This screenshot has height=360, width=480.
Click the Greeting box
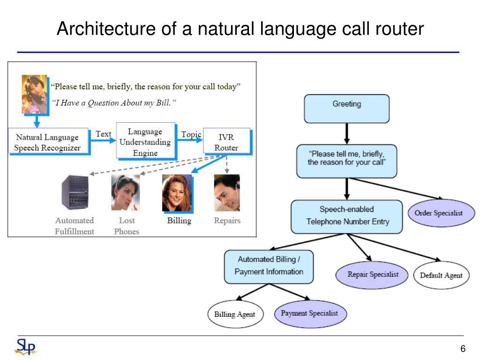346,109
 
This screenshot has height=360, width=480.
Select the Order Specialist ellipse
441,213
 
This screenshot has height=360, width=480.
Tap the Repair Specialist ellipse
372,275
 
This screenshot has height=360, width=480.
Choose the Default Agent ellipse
441,275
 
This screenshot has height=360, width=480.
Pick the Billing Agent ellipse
235,314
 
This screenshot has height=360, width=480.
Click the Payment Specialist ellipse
310,314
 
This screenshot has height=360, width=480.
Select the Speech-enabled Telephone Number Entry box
346,217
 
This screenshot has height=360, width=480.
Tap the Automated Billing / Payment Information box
269,267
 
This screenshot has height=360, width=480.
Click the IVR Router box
227,142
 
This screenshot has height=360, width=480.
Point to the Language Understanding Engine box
146,141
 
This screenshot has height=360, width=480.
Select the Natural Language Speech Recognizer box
49,142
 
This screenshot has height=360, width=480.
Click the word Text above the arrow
103,134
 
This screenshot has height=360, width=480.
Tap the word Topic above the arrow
191,135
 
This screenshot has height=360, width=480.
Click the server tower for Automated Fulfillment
75,192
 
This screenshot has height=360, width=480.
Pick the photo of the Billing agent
178,194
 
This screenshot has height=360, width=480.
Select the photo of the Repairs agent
227,193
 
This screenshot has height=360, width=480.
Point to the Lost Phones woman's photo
125,193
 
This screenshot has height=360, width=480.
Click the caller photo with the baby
35,95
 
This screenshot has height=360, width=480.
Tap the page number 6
463,348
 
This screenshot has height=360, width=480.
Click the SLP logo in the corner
26,346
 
